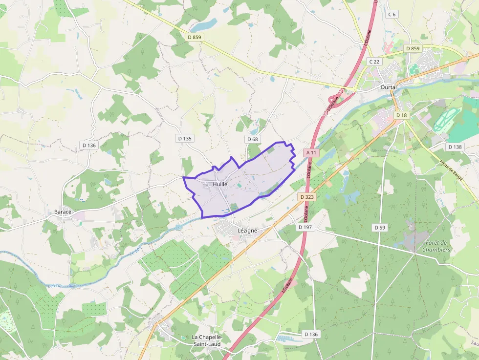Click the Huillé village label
(220, 185)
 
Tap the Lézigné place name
(247, 230)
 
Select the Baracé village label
(63, 212)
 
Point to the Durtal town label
(389, 87)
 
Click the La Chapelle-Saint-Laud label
(207, 341)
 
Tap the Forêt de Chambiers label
(437, 246)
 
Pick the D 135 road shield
(185, 139)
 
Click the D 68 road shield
(252, 139)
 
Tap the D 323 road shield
(306, 196)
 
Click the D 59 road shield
(380, 228)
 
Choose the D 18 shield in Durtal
(401, 115)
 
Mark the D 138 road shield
(455, 147)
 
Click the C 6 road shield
(392, 14)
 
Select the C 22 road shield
(374, 62)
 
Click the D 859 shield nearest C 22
(413, 49)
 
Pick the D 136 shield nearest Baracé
(89, 146)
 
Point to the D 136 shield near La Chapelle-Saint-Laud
(310, 335)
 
